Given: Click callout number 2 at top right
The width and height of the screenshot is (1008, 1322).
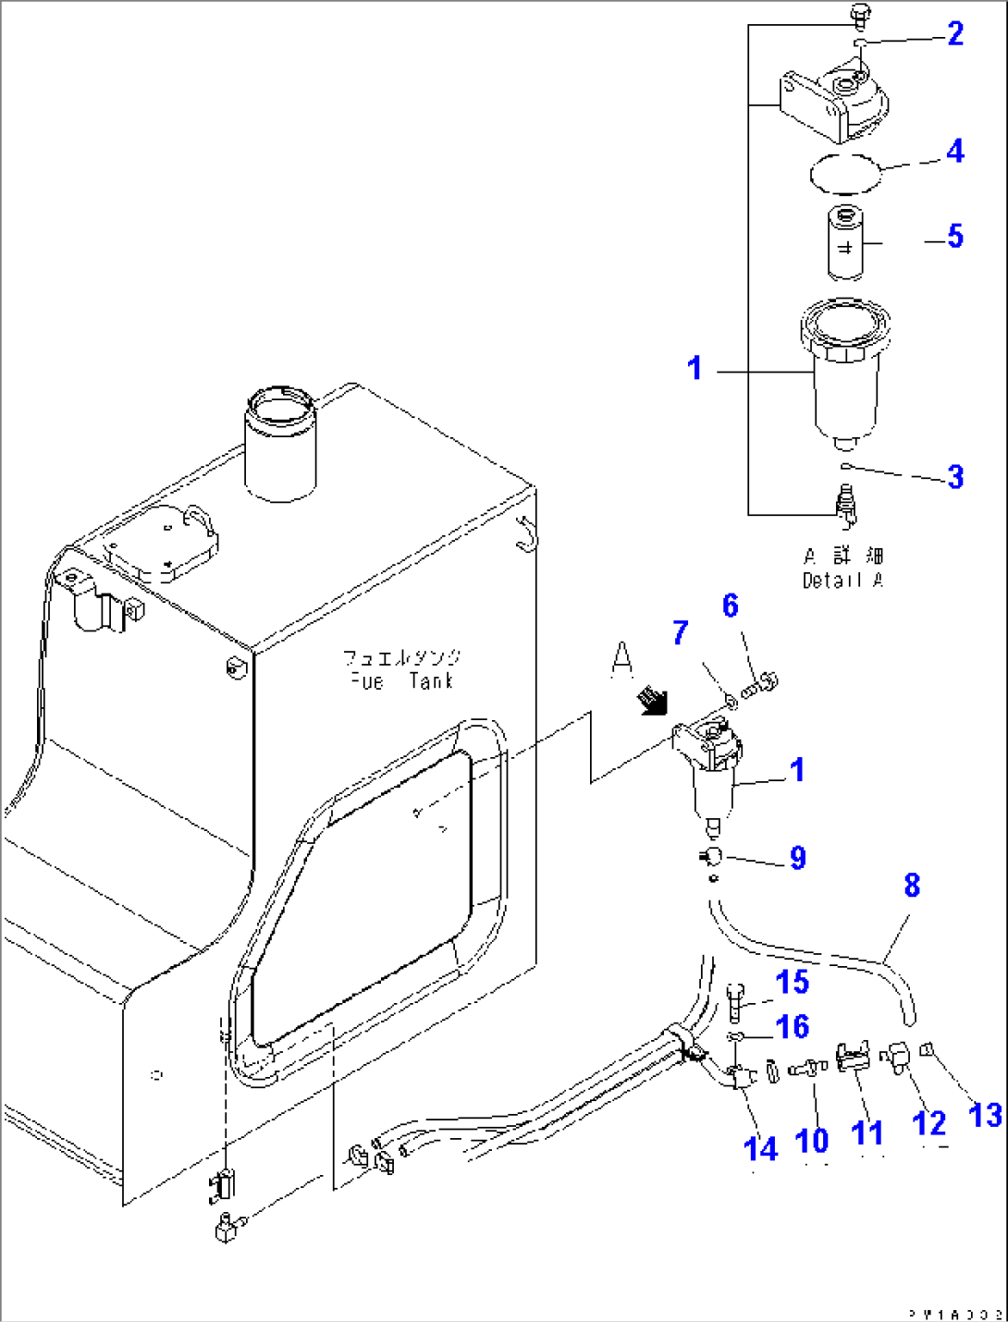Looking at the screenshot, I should click(955, 34).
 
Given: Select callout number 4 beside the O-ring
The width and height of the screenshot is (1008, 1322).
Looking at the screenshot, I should click(954, 152).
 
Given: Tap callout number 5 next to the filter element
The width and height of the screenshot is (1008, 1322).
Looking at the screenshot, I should click(954, 237).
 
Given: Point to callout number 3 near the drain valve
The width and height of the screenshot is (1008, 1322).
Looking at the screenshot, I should click(954, 477).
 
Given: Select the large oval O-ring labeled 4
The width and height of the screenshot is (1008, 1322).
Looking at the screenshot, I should click(842, 172).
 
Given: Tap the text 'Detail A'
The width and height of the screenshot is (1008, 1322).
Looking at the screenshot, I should click(842, 581).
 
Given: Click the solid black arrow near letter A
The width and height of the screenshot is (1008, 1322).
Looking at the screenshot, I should click(652, 701).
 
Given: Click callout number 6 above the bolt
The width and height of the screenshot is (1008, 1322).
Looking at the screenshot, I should click(731, 606).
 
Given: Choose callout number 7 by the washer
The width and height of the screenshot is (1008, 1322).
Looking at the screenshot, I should click(681, 633).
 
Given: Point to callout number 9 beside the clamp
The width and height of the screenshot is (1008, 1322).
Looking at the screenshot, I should click(797, 858).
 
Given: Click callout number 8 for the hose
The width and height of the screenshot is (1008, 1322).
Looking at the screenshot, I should click(912, 886).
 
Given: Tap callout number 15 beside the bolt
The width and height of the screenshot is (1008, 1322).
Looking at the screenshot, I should click(793, 983).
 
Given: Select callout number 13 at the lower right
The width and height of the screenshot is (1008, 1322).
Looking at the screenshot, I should click(984, 1115).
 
